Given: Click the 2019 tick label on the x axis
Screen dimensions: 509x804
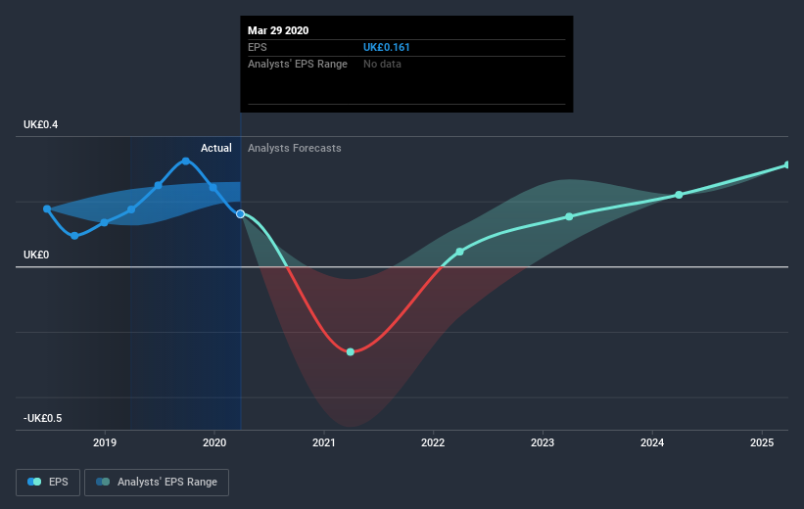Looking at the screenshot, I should [x=105, y=443].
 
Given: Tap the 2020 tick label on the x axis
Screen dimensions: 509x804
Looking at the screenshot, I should [x=214, y=443].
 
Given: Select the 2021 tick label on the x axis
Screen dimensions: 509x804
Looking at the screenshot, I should [x=324, y=443].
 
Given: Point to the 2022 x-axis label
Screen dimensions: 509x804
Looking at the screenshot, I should [x=433, y=443].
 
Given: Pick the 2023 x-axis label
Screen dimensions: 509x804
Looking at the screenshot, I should [x=543, y=443].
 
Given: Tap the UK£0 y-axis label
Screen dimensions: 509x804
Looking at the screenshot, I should [x=36, y=254].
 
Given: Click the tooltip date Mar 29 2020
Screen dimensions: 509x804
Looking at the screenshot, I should [x=278, y=30].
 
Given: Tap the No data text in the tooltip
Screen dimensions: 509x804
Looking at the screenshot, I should [x=382, y=64].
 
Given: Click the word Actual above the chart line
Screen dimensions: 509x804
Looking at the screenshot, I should [x=216, y=148].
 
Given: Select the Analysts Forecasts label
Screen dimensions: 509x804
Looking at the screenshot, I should [x=295, y=148].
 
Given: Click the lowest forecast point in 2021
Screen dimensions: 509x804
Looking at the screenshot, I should [x=351, y=351].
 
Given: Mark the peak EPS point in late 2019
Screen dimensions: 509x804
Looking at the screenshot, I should [x=185, y=161].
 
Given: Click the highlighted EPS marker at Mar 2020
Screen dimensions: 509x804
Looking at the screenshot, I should [x=240, y=213].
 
